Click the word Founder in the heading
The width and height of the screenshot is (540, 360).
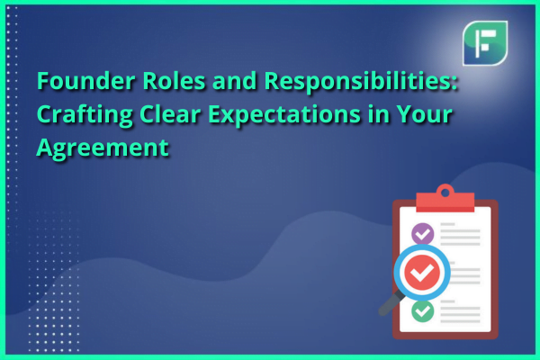point(85,81)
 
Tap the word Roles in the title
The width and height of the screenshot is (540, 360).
point(174,81)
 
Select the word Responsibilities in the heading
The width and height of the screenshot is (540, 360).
point(361,83)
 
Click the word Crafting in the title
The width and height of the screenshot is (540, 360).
point(85,115)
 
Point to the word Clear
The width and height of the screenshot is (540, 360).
point(170,114)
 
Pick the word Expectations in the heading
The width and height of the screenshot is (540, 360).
point(284,115)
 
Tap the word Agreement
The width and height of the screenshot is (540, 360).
point(103,148)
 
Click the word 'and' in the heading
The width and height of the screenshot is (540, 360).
point(235,81)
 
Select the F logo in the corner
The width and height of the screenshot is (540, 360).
point(485,43)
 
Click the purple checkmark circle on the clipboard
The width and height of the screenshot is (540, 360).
point(423,234)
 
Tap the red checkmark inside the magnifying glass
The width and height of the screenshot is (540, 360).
point(422,273)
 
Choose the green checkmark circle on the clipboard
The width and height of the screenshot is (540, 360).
point(423,311)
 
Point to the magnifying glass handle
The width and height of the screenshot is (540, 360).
point(391,303)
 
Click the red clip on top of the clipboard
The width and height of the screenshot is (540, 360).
point(445,199)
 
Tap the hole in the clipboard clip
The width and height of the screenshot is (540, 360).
point(445,193)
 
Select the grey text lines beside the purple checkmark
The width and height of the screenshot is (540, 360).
point(461,234)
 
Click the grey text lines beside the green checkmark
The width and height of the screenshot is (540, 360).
point(461,311)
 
